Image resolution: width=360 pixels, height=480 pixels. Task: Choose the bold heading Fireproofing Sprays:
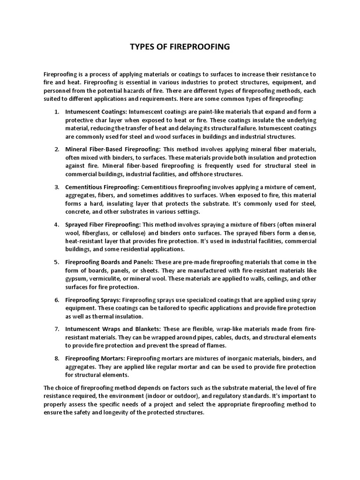pos(93,299)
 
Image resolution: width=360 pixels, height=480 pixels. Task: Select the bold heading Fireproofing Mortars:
pos(95,359)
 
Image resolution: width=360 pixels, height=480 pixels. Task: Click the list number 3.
pos(57,187)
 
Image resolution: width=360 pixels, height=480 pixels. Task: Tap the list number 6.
pos(57,299)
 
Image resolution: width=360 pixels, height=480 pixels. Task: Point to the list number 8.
pos(57,359)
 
